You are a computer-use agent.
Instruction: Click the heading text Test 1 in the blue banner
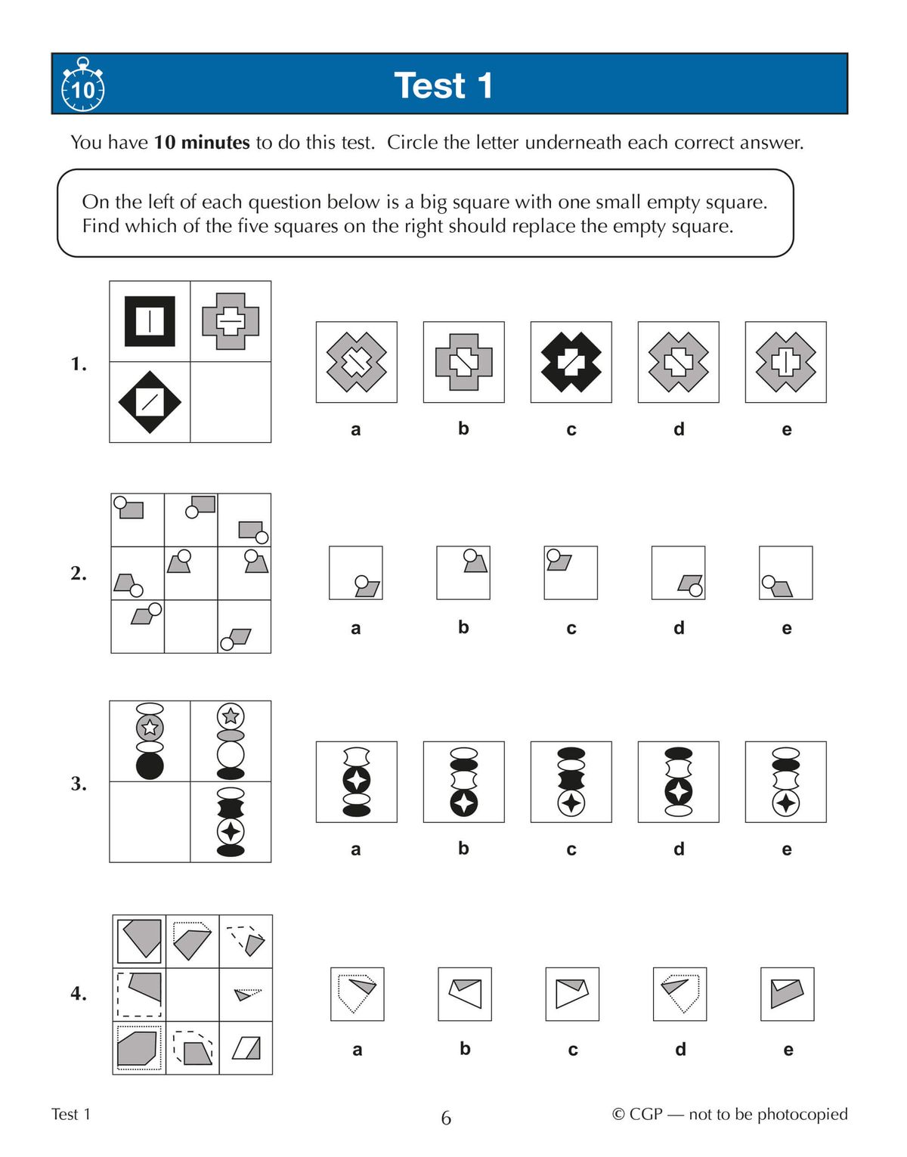444,85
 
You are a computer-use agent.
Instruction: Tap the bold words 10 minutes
202,142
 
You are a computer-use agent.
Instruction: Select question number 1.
79,363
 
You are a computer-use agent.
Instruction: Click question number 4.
79,992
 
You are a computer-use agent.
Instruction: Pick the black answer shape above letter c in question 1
571,362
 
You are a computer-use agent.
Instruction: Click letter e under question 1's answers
786,429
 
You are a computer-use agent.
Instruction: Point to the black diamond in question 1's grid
150,402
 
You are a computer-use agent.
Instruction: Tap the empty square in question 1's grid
231,402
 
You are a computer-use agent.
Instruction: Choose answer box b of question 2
463,573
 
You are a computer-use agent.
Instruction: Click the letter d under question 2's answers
679,628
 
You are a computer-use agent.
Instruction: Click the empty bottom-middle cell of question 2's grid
191,626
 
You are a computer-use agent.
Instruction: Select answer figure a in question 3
356,781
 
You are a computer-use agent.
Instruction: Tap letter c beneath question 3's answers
571,849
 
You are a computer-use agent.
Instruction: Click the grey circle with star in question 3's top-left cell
150,727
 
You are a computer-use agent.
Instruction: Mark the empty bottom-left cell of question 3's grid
150,821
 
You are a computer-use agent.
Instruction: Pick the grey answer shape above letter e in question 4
786,993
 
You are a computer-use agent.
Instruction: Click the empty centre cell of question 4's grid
192,995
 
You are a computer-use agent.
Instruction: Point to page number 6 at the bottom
446,1118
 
